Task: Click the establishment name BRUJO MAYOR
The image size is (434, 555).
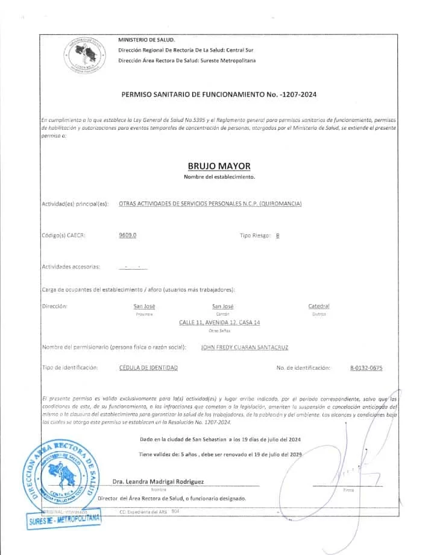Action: click(x=219, y=166)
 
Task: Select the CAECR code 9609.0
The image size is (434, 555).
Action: click(x=128, y=235)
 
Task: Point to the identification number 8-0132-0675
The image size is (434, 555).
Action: click(x=366, y=367)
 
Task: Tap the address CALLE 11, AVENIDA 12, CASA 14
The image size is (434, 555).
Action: click(x=219, y=323)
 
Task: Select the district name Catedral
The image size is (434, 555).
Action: click(x=319, y=306)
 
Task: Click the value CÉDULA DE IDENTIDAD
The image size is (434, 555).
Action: click(x=148, y=367)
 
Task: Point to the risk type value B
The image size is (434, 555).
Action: click(x=277, y=236)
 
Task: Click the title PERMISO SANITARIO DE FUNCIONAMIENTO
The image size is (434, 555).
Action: click(x=219, y=95)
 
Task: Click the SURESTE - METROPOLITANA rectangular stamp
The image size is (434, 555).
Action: click(x=63, y=520)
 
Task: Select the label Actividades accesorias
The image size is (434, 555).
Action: click(x=71, y=266)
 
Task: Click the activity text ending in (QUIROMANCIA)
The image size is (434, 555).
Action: click(x=210, y=204)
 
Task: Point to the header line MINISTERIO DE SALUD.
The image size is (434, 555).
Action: click(x=146, y=39)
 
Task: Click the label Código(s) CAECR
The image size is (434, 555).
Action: click(x=63, y=235)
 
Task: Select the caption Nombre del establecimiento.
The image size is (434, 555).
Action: click(x=219, y=177)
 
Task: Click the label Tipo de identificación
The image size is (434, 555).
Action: click(x=69, y=367)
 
